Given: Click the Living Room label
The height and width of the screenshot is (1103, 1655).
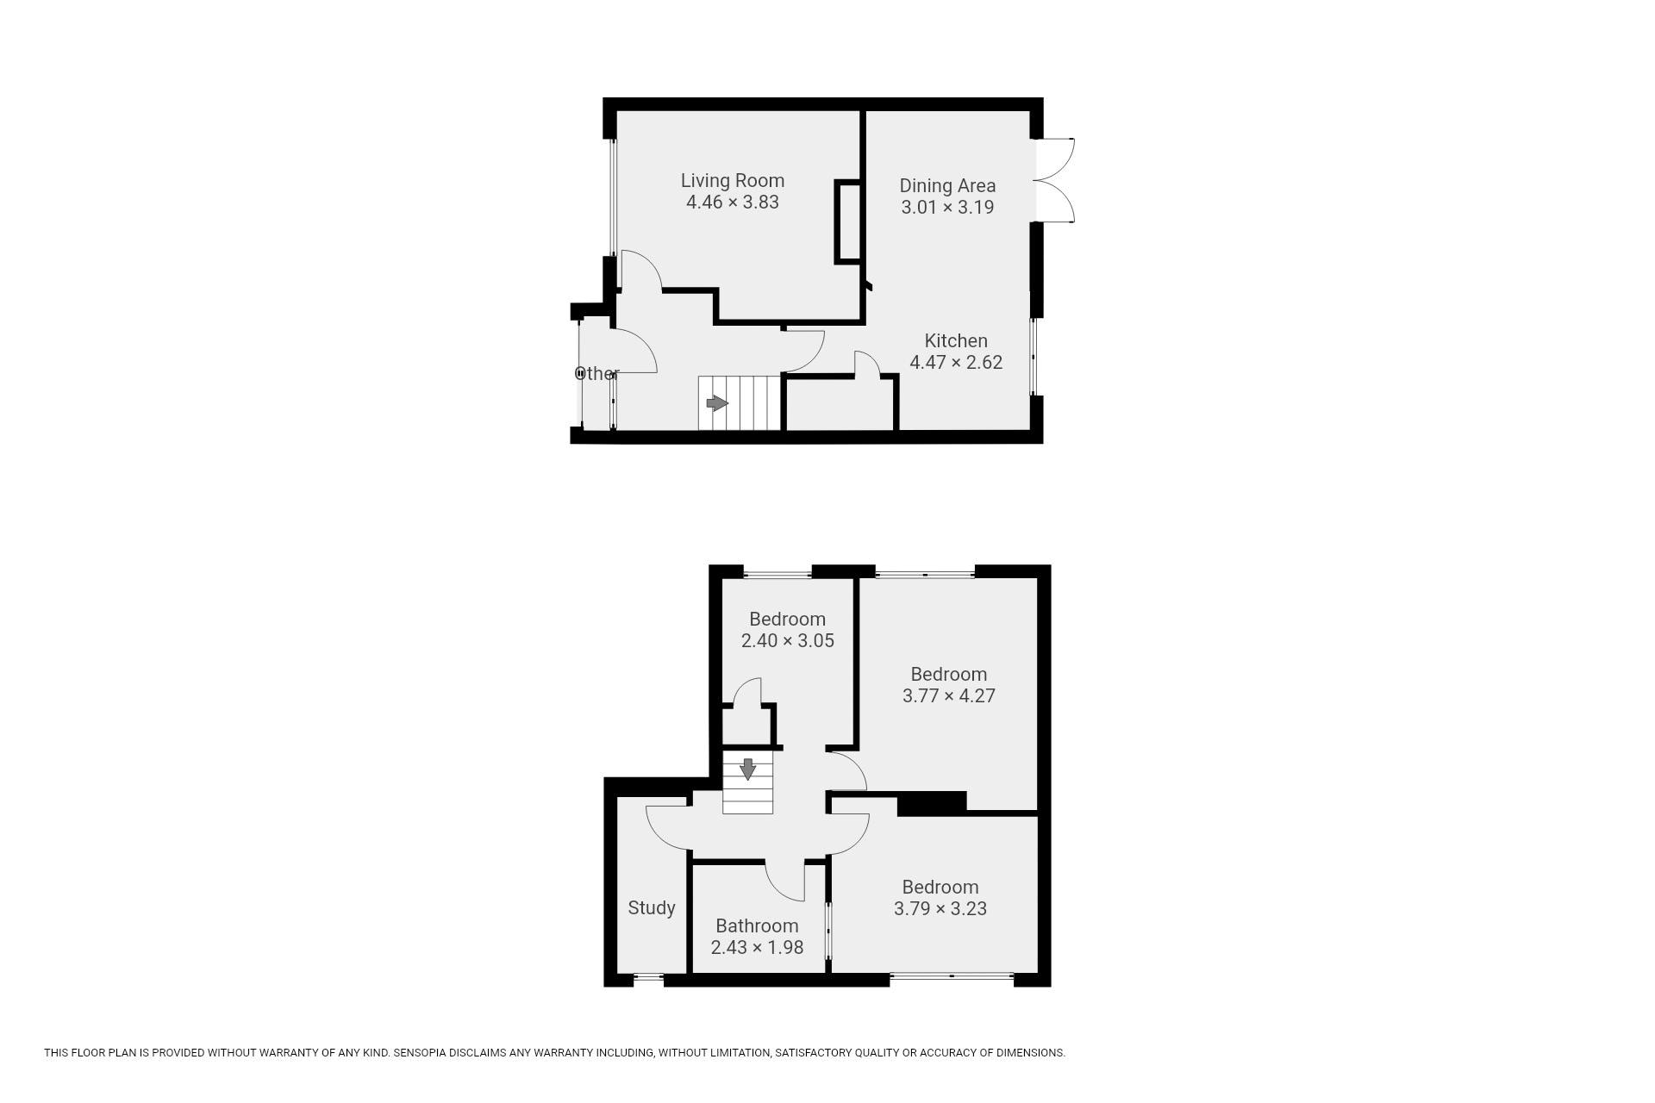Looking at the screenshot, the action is pyautogui.click(x=733, y=181).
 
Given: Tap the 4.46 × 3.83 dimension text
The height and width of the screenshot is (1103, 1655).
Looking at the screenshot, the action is pyautogui.click(x=733, y=203).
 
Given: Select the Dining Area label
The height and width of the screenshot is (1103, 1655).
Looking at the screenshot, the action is pyautogui.click(x=947, y=185).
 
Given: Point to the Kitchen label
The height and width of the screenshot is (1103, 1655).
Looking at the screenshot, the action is pyautogui.click(x=956, y=340).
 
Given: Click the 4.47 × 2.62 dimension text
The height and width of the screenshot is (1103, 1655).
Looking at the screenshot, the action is pyautogui.click(x=956, y=363).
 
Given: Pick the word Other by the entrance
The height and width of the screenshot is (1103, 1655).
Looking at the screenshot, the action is pyautogui.click(x=596, y=374).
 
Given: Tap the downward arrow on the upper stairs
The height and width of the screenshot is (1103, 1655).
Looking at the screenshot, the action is pyautogui.click(x=747, y=769).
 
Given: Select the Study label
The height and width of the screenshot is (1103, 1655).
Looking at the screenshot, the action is pyautogui.click(x=652, y=908).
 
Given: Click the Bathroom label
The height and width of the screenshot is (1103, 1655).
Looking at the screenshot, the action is pyautogui.click(x=757, y=926).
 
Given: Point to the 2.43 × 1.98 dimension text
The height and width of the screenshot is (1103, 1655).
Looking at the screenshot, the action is pyautogui.click(x=757, y=948).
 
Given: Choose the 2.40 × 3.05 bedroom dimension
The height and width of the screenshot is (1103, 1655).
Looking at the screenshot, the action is pyautogui.click(x=787, y=641).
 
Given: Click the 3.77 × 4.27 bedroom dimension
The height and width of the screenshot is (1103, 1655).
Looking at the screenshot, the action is pyautogui.click(x=948, y=696).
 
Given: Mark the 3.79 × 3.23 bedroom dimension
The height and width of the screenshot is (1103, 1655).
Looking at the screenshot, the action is pyautogui.click(x=940, y=909).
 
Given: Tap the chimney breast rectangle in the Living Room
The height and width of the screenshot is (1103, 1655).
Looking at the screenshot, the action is pyautogui.click(x=848, y=221).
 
